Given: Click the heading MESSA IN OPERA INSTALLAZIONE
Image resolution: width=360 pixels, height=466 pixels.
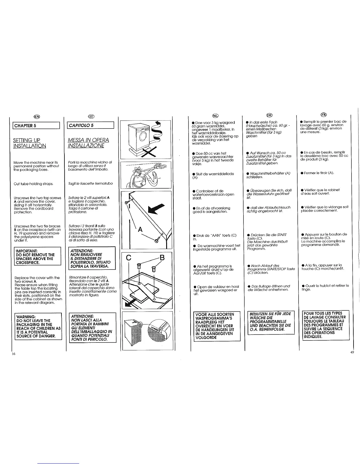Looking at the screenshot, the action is pos(88,143).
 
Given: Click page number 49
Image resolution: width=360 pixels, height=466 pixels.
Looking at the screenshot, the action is pos(352,353).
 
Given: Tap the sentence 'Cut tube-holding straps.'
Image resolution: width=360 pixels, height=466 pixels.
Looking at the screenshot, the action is pos(33,184).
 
